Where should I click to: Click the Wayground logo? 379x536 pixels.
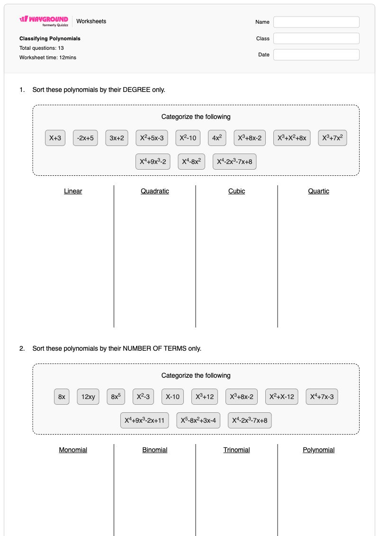[44, 21]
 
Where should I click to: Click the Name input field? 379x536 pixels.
[316, 22]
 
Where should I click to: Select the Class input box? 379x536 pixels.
[316, 38]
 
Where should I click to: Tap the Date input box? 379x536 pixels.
[316, 55]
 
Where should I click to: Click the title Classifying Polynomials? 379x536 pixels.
[50, 39]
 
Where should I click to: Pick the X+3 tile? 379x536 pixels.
[55, 138]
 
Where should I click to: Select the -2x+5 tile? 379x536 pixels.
[85, 138]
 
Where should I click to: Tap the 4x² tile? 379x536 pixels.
[217, 138]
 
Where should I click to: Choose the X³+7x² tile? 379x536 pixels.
[333, 138]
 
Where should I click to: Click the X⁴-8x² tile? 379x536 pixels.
[191, 161]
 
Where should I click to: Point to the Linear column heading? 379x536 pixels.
[73, 191]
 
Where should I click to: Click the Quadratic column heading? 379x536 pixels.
[155, 191]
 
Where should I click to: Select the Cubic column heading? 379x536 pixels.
[236, 191]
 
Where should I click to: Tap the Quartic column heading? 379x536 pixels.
[318, 191]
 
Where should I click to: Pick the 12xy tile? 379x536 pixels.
[88, 397]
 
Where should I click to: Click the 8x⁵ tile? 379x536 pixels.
[116, 397]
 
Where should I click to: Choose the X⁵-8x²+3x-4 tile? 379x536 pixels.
[198, 420]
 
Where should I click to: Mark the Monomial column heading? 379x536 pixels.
[73, 450]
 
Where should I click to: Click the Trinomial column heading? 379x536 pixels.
[236, 450]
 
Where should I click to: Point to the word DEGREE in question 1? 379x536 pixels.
[136, 90]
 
